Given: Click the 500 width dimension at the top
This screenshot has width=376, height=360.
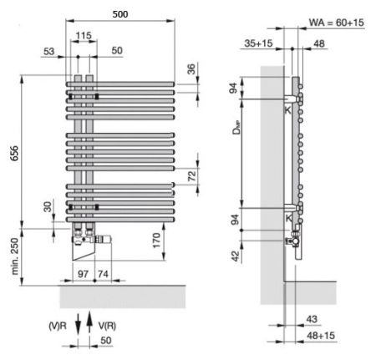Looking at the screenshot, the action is pos(120,14).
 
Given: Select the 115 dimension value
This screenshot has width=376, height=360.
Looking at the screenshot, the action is pos(84,35).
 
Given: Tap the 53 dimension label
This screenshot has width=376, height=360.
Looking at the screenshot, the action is pos(49,51).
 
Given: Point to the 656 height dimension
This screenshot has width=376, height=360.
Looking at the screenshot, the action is pos(14,153).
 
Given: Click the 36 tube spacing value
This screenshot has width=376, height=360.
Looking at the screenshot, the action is pos(191,69).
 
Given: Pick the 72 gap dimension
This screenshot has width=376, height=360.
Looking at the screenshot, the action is pos(192,175).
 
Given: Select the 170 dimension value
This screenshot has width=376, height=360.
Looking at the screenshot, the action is pos(156,241).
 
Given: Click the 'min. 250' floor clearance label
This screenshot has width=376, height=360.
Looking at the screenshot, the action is pos(14,256).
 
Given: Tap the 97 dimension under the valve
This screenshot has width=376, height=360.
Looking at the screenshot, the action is pos(83,274).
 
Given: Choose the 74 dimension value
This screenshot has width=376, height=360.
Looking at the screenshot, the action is pos(103,274).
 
